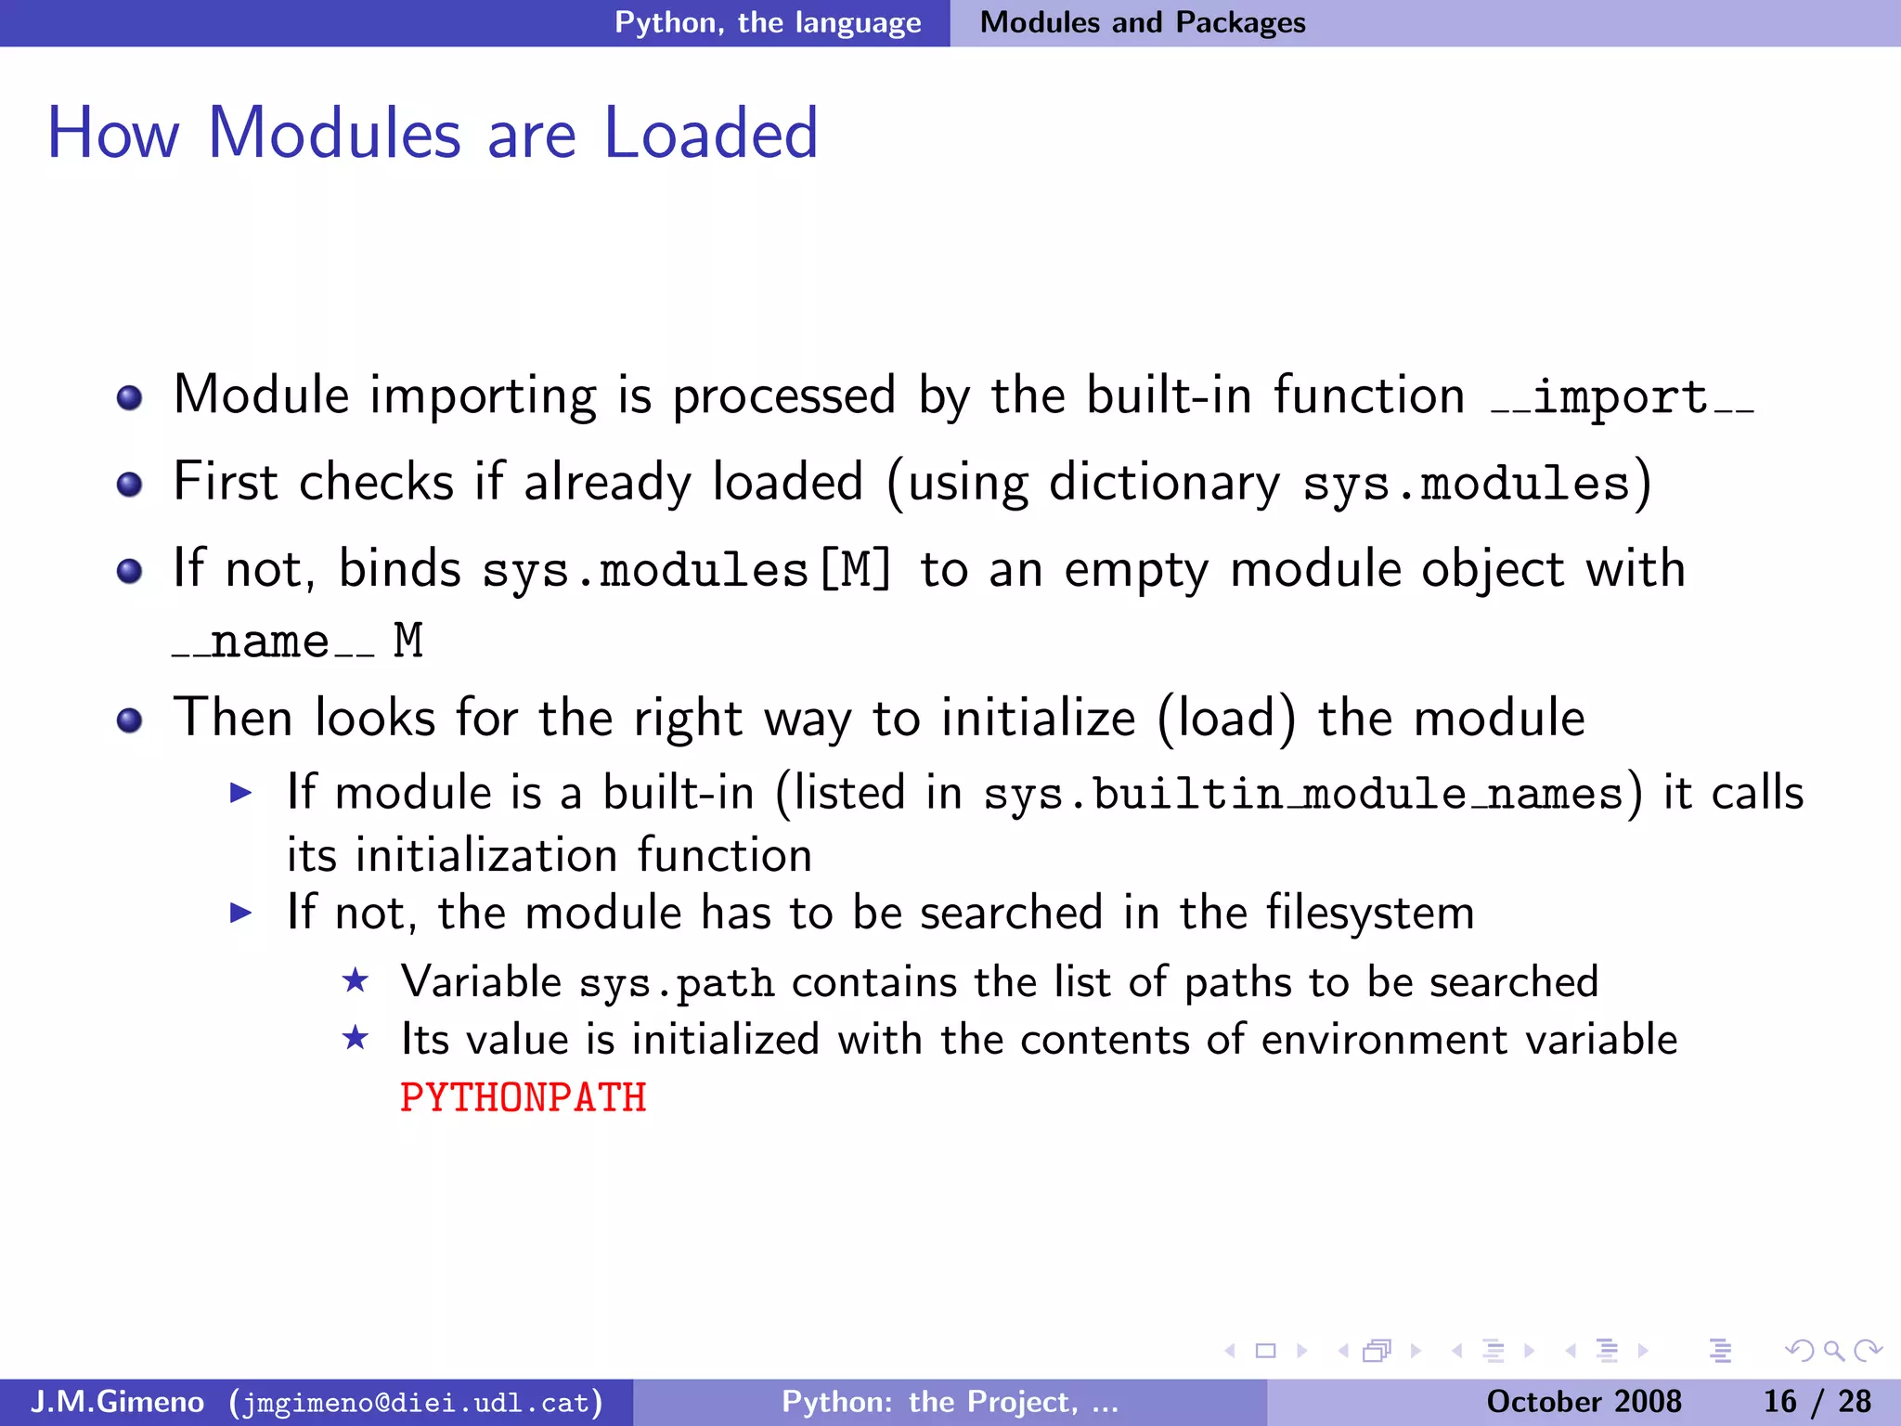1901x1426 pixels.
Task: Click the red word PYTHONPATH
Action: (x=523, y=1098)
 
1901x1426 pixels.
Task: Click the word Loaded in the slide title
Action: (x=710, y=134)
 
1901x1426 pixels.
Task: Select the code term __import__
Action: (x=1622, y=397)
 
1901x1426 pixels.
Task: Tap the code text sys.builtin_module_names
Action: (x=1302, y=795)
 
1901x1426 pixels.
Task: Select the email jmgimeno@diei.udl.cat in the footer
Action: (x=416, y=1402)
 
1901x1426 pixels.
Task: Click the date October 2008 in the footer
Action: (x=1584, y=1401)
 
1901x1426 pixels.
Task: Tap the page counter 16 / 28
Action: (x=1817, y=1401)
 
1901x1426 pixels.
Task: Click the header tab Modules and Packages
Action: (x=1143, y=22)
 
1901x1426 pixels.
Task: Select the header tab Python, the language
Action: (x=768, y=22)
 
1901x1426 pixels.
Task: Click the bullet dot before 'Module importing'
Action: (x=129, y=398)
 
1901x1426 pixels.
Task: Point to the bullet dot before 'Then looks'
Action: (x=129, y=720)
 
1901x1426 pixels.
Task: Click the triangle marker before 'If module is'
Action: (x=241, y=793)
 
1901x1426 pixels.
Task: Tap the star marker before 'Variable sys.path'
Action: (x=356, y=980)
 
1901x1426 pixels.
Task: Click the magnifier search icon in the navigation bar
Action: (x=1832, y=1351)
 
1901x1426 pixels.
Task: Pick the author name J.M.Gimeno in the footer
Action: (x=117, y=1401)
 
